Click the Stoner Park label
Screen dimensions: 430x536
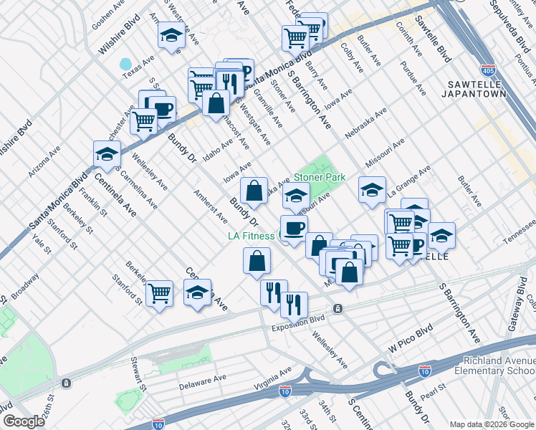click(x=320, y=177)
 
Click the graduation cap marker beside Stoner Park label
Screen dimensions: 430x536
click(x=296, y=196)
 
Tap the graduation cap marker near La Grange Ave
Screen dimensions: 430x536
click(x=372, y=190)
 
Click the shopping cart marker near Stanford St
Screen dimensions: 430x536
click(x=159, y=292)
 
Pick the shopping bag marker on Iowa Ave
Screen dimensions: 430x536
click(x=254, y=191)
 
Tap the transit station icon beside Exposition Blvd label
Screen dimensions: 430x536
click(x=338, y=309)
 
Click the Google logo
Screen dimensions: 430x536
click(x=24, y=421)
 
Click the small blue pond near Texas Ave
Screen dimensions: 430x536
click(x=126, y=64)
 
